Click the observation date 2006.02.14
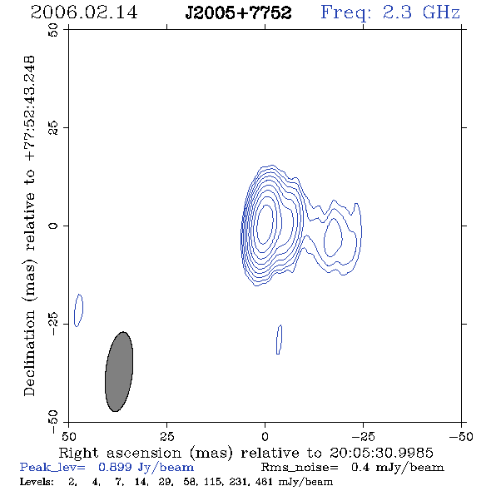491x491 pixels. coord(84,12)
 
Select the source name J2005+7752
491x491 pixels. coord(238,13)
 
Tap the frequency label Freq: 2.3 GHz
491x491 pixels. coord(390,13)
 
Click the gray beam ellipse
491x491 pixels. coord(119,371)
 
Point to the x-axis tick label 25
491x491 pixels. coord(166,436)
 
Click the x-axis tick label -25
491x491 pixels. coord(363,436)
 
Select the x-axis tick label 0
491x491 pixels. coord(265,436)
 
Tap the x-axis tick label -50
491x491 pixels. coord(461,436)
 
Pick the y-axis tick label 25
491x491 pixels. coord(53,128)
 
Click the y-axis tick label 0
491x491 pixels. coord(53,226)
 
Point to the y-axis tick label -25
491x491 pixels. coord(53,324)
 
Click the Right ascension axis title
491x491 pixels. coord(245,453)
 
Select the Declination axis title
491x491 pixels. coord(29,226)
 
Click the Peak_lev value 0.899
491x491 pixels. coord(115,467)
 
